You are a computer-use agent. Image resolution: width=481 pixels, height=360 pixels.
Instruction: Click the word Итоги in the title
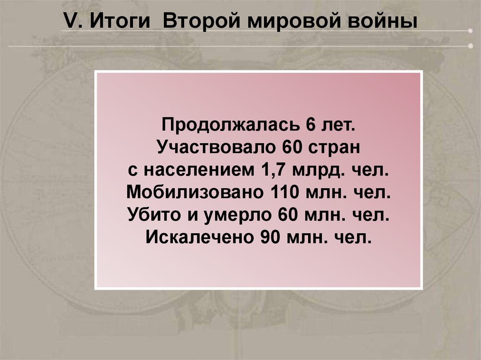[120, 21]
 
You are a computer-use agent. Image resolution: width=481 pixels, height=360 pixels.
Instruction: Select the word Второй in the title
[201, 22]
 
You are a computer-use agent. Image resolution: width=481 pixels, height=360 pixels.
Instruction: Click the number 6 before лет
[310, 124]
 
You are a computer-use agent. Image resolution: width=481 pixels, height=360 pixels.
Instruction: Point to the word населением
[199, 170]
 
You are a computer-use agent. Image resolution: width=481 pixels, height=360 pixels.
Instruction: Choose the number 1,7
[273, 170]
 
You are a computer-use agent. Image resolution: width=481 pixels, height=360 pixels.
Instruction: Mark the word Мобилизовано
[195, 192]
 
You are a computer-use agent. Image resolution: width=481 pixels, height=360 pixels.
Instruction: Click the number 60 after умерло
[288, 214]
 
